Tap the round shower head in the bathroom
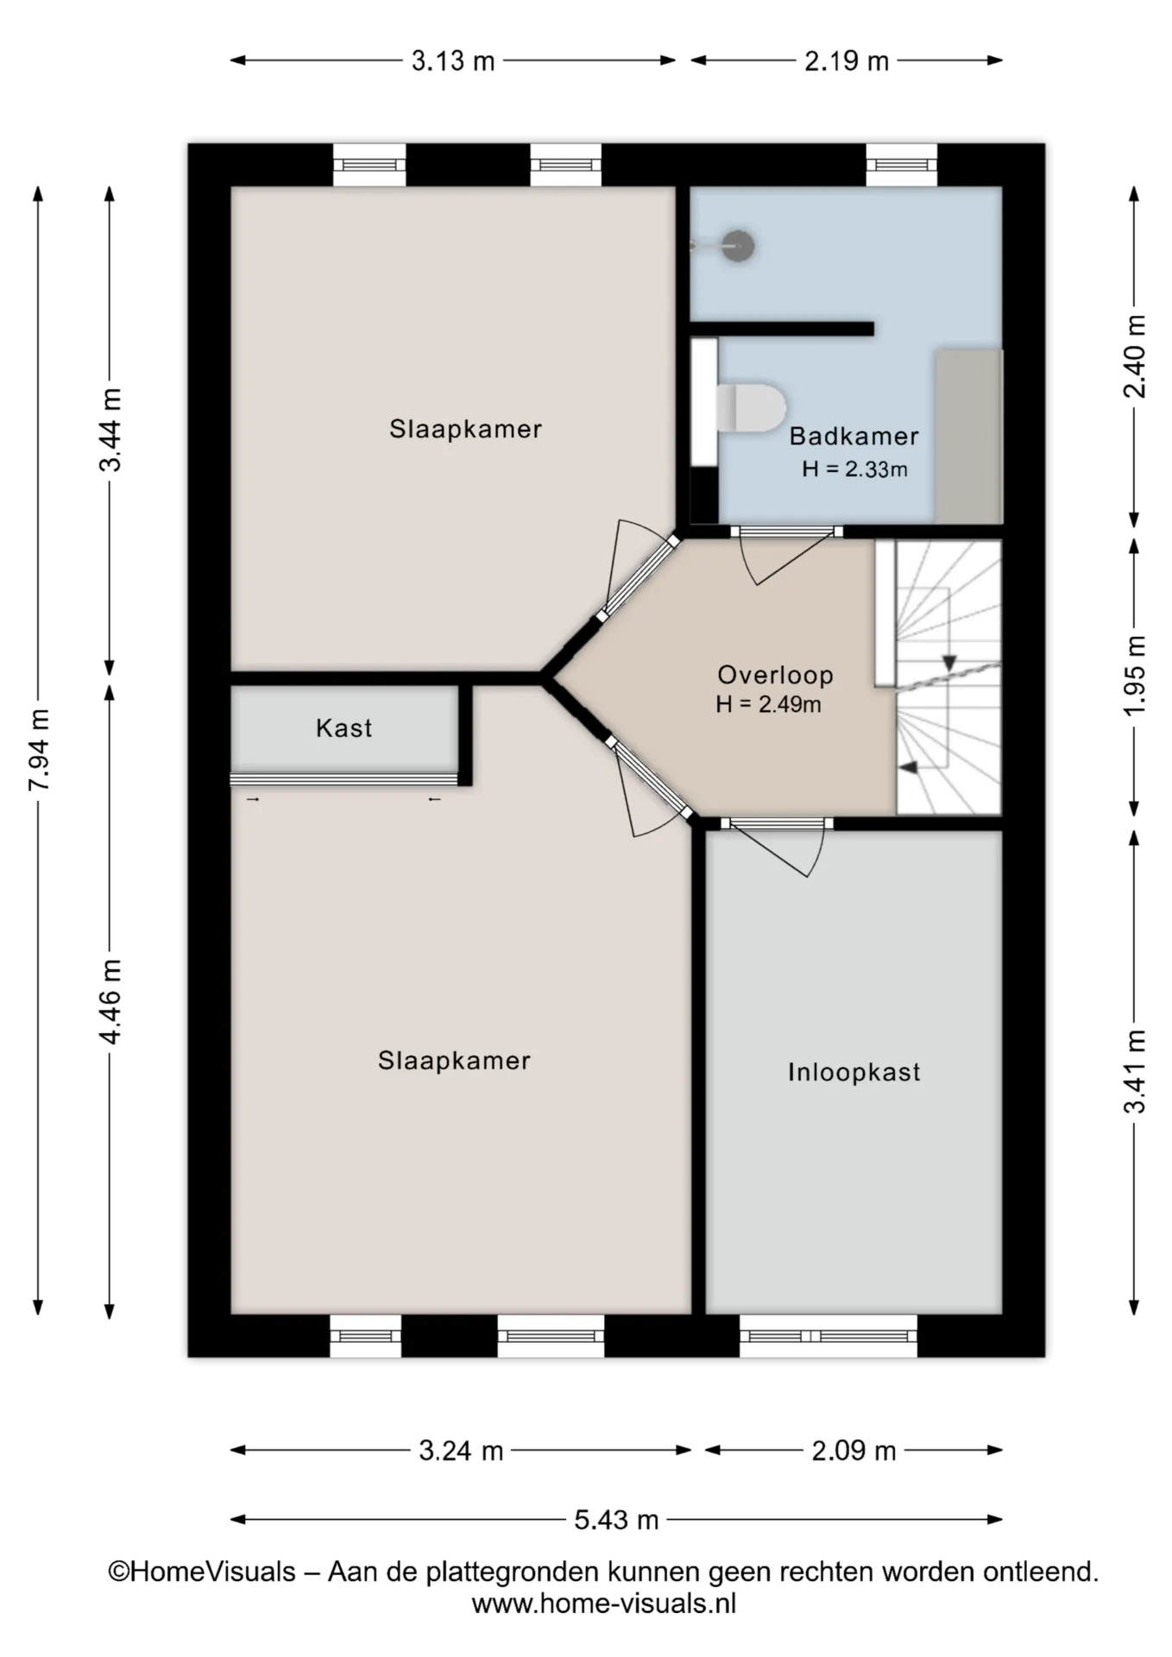coord(738,246)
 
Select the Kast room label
coord(344,728)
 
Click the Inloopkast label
coord(854,1073)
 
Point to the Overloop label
coord(775,675)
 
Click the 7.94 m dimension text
coord(39,749)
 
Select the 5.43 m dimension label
coord(616,1519)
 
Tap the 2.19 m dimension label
coord(847,61)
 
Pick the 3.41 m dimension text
coord(1135,1071)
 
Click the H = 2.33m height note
coord(854,469)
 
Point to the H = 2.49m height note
coord(768,705)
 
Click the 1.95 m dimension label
coord(1135,675)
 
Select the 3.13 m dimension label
coord(453,61)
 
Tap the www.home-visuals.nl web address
coord(604,1603)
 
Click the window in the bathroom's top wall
coord(902,165)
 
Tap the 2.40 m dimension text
coord(1135,356)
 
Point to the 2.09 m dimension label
coord(854,1451)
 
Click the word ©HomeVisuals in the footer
coord(202,1572)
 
